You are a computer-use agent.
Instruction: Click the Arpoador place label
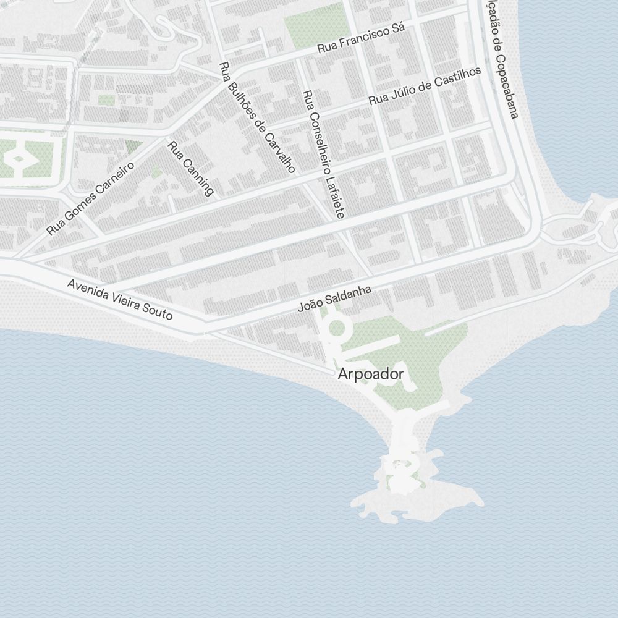pos(371,374)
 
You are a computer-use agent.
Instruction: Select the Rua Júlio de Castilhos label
pos(425,86)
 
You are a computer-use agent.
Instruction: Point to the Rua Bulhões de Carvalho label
pos(256,117)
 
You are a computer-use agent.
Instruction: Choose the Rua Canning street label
pos(191,169)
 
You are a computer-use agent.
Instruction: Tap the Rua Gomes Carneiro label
pos(91,199)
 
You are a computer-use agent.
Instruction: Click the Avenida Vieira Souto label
pos(120,299)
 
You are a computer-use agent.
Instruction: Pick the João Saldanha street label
pos(334,298)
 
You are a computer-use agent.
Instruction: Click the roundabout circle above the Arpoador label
pos(336,328)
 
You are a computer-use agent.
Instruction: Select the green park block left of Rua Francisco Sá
pos(313,25)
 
